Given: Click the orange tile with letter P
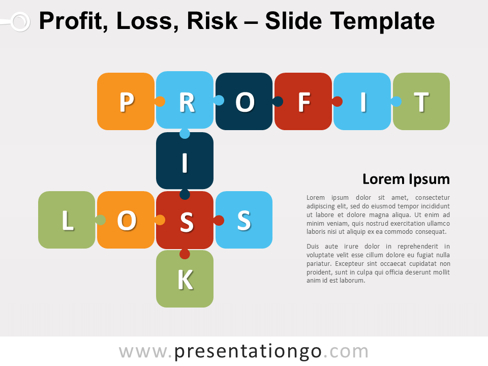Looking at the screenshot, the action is pos(126,102).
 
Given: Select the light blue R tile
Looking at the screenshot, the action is pos(185,100).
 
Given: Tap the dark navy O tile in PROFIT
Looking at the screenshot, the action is pos(244,102).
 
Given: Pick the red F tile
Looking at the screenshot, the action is pos(303,102).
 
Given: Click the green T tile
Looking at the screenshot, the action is pos(421,102).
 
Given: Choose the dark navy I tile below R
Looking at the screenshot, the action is pos(185,161).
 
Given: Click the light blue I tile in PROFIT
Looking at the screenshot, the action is pos(362,102).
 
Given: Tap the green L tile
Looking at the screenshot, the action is pos(67,220).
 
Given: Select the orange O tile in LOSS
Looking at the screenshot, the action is pos(126,220).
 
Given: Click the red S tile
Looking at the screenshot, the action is pos(185,220).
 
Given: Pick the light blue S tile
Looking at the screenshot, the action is pos(244,220).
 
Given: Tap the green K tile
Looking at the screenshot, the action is pos(185,279).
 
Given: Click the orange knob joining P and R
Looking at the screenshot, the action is pos(160,102).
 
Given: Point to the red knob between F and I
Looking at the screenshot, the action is pos(338,102).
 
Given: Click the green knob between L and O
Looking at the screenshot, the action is pos(100,220).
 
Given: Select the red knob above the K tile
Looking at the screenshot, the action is pos(185,254).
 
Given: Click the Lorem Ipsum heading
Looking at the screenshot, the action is pos(406,179).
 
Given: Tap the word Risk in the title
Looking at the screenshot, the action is pos(212,21).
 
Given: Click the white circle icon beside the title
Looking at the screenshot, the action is pos(20,22).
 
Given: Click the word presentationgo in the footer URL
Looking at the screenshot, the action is pos(248,352).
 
